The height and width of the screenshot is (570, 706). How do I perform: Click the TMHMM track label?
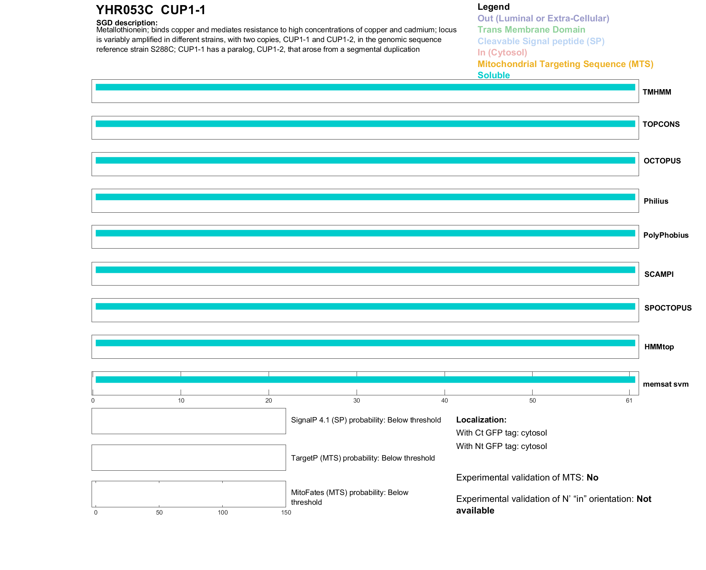click(x=656, y=92)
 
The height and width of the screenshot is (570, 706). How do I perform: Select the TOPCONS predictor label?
click(x=661, y=124)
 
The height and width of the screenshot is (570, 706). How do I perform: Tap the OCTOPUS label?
click(x=662, y=161)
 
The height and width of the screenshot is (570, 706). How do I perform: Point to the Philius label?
click(x=656, y=201)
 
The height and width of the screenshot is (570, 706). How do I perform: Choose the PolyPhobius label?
click(x=665, y=235)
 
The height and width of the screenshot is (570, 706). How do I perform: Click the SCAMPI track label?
click(x=659, y=274)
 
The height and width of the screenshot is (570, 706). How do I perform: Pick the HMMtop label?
click(x=659, y=347)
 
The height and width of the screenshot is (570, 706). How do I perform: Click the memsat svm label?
click(x=665, y=384)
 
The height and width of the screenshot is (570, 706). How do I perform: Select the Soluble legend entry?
click(x=493, y=75)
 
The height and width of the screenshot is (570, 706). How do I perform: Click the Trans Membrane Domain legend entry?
click(x=531, y=30)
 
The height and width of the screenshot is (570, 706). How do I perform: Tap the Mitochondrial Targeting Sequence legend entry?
click(x=565, y=64)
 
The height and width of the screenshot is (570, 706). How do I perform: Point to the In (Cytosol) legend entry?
click(x=502, y=53)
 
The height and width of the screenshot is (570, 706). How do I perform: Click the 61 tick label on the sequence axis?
click(x=629, y=400)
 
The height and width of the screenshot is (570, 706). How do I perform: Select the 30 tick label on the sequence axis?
click(x=357, y=400)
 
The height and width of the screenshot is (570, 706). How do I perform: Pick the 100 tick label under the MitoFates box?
click(x=223, y=512)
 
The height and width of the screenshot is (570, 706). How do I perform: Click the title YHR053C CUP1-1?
click(x=151, y=10)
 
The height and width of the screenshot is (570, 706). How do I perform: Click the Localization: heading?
click(x=481, y=420)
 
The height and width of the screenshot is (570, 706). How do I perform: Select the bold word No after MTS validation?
click(x=592, y=478)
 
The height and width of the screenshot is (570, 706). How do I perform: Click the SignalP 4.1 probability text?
click(x=366, y=420)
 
